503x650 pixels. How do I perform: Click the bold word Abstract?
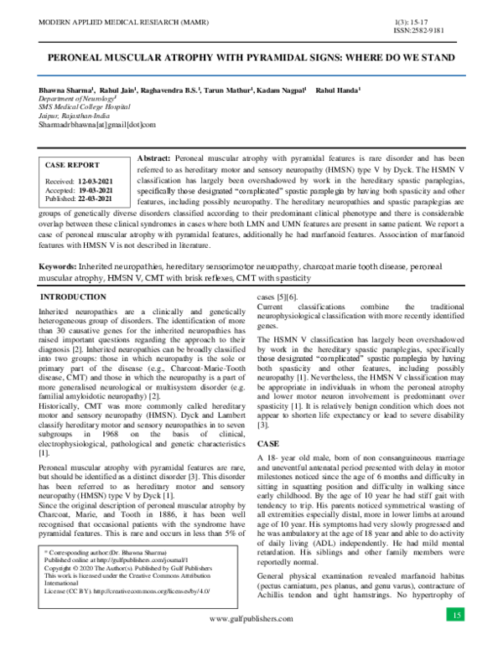(x=153, y=158)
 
